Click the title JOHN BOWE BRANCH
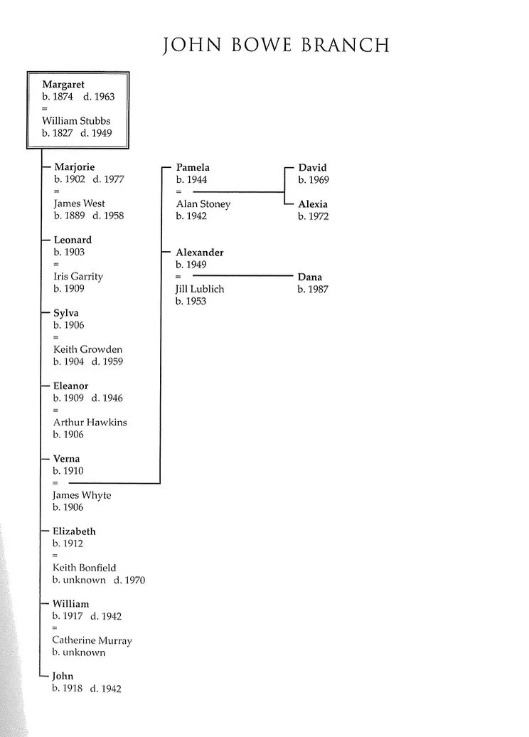(277, 46)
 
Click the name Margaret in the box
(63, 85)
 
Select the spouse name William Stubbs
(76, 121)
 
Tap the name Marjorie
(74, 167)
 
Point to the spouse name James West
(79, 203)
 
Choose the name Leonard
(73, 240)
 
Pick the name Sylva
(66, 313)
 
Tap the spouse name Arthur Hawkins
(90, 422)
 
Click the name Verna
(67, 459)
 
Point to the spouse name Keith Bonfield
(84, 568)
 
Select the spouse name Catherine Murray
(92, 640)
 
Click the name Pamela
(193, 167)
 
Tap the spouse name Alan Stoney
(203, 204)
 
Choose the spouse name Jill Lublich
(200, 289)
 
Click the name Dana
(310, 277)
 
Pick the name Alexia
(313, 204)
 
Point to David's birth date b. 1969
(314, 180)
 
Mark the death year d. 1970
(129, 580)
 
